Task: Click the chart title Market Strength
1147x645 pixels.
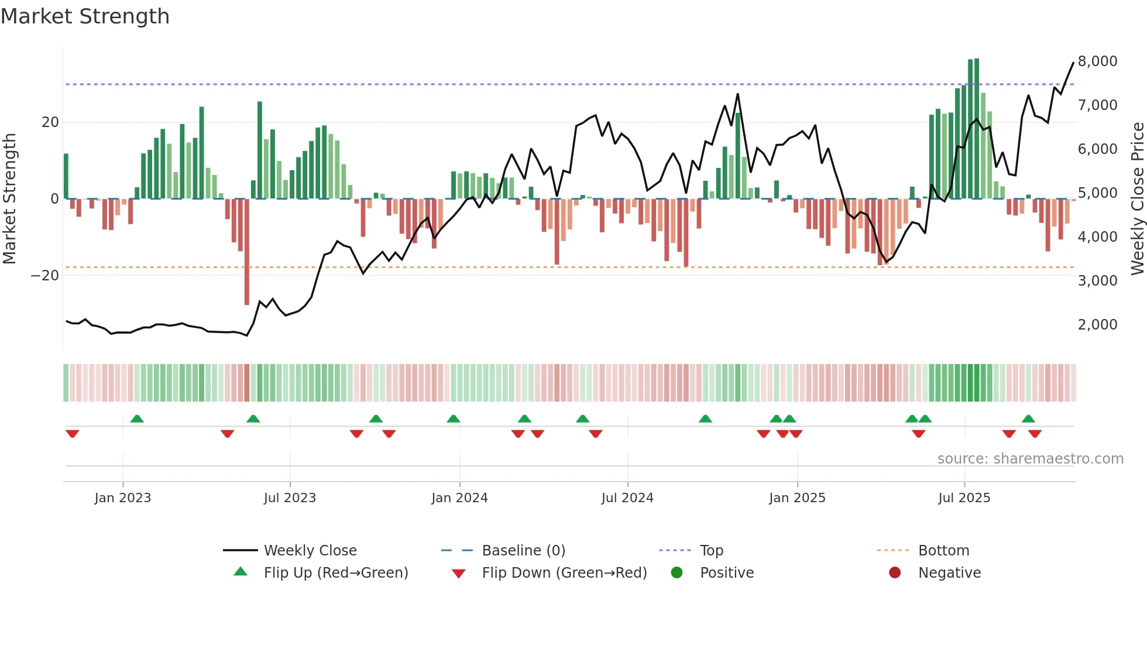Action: tap(85, 16)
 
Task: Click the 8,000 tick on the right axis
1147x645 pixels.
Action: tap(1097, 61)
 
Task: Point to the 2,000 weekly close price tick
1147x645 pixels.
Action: tap(1097, 325)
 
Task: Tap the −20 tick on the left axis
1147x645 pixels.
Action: tap(45, 276)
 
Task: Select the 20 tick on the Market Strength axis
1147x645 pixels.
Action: tap(50, 122)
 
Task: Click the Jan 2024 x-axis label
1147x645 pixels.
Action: tap(459, 498)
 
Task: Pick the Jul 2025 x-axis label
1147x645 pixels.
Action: tap(964, 498)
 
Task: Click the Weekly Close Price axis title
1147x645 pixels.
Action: tap(1137, 199)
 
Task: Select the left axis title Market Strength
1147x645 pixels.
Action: tap(10, 199)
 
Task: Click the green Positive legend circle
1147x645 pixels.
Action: tap(677, 573)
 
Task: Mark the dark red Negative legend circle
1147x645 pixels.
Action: tap(895, 573)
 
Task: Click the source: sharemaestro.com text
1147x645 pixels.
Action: tap(1030, 459)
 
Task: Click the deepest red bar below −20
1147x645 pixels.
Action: tap(247, 252)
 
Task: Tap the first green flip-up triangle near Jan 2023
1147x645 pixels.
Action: tap(137, 419)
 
